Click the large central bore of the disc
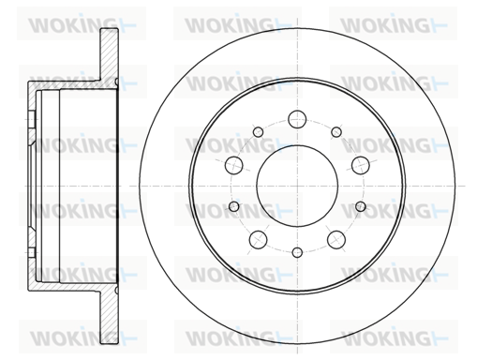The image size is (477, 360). (297, 186)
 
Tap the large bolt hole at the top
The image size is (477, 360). (297, 119)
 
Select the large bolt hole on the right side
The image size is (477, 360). (361, 165)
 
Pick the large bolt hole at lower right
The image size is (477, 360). (336, 240)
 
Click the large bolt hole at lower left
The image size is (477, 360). (259, 240)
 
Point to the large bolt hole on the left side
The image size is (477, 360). (234, 165)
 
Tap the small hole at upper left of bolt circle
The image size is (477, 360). (258, 132)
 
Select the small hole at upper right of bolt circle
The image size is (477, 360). (336, 132)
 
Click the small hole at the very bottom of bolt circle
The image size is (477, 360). (297, 252)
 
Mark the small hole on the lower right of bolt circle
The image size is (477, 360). (361, 206)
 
